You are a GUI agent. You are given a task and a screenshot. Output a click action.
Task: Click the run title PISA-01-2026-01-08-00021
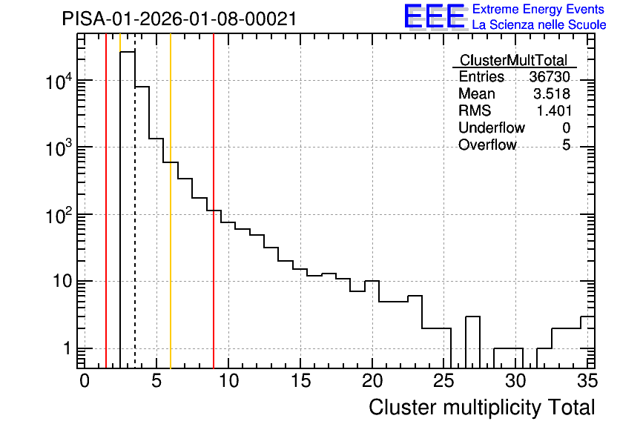(x=179, y=19)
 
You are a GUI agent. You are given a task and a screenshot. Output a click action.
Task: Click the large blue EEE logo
(x=435, y=16)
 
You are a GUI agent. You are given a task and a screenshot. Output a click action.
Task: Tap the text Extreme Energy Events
(x=538, y=9)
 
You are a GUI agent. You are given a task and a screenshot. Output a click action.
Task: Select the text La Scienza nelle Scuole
(x=539, y=25)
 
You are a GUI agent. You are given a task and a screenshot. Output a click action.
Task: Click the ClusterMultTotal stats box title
(x=514, y=60)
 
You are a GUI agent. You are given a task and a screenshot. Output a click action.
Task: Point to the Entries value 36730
(x=550, y=76)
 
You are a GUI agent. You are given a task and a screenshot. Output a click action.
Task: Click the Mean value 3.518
(x=552, y=93)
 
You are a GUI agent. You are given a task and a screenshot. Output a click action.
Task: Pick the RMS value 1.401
(x=553, y=110)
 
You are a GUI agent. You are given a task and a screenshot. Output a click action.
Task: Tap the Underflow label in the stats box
(x=492, y=127)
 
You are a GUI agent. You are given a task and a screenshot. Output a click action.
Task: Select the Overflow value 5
(x=566, y=145)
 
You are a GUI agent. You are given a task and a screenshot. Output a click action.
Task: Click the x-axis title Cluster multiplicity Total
(x=481, y=408)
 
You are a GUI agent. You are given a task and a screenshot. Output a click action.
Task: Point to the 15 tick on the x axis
(x=300, y=381)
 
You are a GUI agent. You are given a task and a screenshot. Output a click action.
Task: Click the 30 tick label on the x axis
(x=515, y=381)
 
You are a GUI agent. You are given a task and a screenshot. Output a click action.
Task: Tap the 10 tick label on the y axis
(x=62, y=282)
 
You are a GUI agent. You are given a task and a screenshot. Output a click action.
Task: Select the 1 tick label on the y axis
(x=67, y=348)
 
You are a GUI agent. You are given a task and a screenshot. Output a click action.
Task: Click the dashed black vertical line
(x=135, y=201)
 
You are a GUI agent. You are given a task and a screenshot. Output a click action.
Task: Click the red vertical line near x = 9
(x=214, y=201)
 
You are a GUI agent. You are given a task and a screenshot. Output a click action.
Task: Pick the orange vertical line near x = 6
(x=171, y=201)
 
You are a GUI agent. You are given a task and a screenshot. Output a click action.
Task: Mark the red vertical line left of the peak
(x=106, y=201)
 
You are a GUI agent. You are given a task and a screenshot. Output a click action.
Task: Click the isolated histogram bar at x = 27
(x=472, y=342)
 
